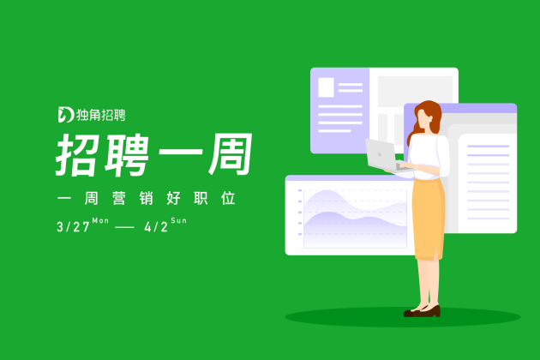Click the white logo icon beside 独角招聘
(x=66, y=115)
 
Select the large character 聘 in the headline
(x=127, y=155)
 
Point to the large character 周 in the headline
(x=231, y=154)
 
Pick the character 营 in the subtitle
(x=119, y=199)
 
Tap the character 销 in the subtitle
(x=147, y=199)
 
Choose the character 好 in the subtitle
(x=173, y=199)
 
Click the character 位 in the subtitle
(x=228, y=199)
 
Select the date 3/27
(x=74, y=227)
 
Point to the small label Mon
(x=100, y=220)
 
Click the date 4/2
(x=156, y=227)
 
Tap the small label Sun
(x=179, y=220)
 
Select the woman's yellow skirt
(x=429, y=219)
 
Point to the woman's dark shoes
(x=423, y=311)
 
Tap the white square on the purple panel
(x=326, y=87)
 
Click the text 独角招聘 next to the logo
(x=101, y=115)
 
